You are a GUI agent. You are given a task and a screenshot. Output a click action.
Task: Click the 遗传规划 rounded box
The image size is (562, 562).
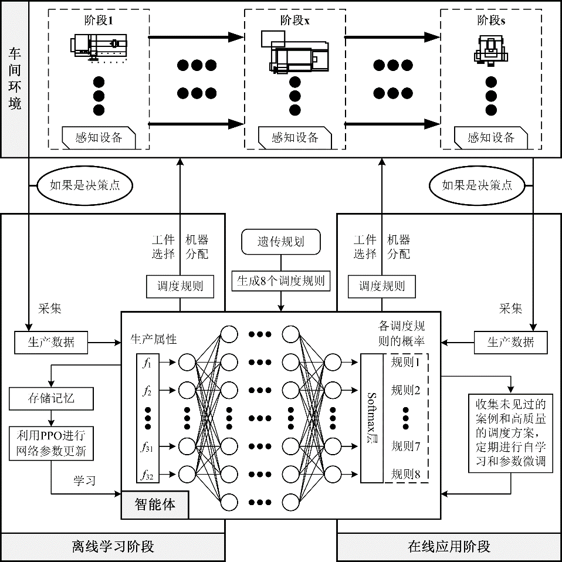281,242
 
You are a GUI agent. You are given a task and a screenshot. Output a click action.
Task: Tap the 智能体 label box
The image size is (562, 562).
155,505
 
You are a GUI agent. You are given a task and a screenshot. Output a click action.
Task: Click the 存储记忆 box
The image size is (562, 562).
51,400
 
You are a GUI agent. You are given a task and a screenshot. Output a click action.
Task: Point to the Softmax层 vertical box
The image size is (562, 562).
371,418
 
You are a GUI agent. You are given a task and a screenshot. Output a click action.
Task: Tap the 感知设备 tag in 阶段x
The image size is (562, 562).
294,138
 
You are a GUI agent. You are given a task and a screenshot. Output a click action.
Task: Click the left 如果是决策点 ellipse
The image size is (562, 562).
84,185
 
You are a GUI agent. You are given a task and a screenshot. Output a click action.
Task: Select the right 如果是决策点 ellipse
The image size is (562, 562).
477,185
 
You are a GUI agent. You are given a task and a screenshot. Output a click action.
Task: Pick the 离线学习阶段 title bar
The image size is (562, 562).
113,547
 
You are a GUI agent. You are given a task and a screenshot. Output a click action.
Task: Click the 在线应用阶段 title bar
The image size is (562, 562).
449,547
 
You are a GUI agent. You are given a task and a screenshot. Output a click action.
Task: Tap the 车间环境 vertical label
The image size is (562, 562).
14,79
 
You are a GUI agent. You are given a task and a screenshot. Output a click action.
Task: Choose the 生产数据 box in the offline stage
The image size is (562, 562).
51,343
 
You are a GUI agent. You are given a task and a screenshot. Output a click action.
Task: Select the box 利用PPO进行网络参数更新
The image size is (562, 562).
51,443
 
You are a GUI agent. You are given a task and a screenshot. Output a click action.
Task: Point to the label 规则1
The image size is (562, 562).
406,363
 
